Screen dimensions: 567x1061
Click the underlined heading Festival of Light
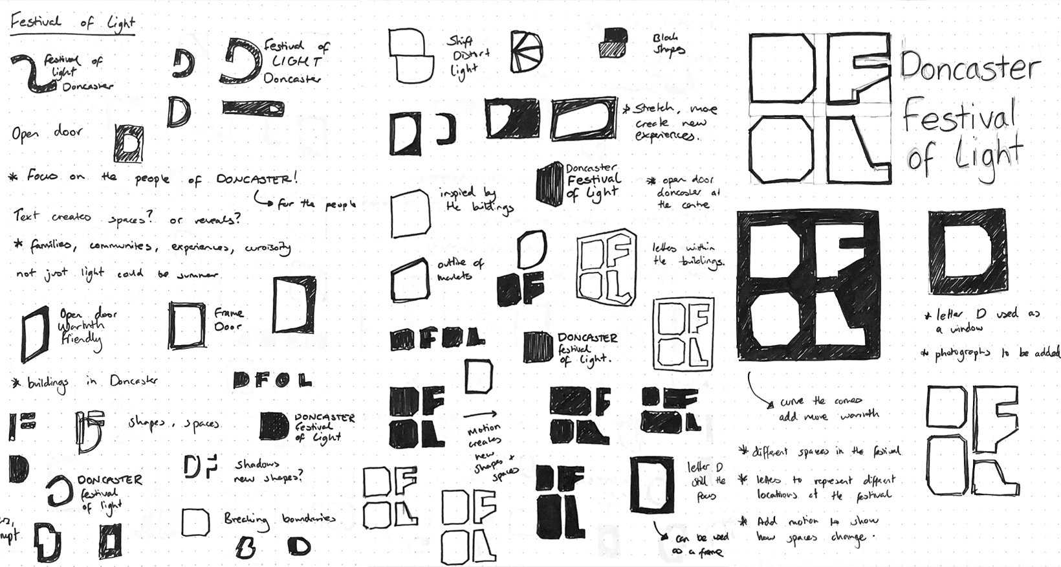tap(71, 23)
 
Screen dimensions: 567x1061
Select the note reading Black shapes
tap(668, 45)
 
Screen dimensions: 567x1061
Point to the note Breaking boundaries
tap(279, 519)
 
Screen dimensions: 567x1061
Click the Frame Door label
tap(228, 320)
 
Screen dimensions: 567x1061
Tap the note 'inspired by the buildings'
tap(476, 200)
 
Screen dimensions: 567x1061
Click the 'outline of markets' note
tap(460, 269)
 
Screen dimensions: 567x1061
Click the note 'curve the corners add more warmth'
tap(821, 408)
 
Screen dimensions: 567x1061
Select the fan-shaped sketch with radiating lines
tap(526, 51)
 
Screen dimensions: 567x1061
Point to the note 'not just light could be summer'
tap(116, 274)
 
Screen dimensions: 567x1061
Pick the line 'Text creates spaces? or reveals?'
tap(127, 217)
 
